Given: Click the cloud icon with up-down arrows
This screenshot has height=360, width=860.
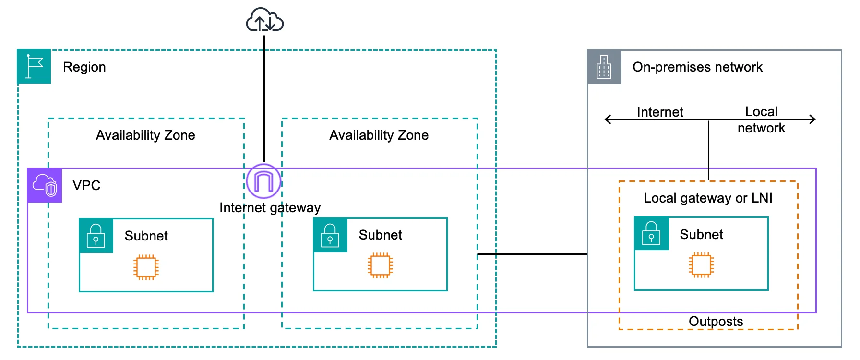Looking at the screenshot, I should click(264, 20).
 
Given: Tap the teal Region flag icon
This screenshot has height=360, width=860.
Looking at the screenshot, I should click(34, 66).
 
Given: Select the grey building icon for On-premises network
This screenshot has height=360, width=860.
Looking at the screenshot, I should click(604, 67).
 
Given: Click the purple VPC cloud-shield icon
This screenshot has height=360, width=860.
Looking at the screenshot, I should click(45, 185).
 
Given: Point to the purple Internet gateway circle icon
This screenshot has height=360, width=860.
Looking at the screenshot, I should click(263, 181).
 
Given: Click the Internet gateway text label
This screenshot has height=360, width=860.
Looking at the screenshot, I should click(270, 208).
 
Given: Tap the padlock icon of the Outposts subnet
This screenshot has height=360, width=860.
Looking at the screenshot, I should click(651, 234).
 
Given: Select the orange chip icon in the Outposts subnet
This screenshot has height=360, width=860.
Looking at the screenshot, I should click(701, 265).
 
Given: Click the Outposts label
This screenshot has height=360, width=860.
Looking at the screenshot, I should click(716, 321).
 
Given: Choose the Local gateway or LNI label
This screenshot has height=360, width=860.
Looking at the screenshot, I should click(708, 198).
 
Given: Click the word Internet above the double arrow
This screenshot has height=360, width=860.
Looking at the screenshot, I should click(659, 112).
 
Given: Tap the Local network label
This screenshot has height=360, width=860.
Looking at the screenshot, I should click(761, 120).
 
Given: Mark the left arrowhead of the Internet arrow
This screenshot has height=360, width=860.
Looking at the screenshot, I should click(608, 119).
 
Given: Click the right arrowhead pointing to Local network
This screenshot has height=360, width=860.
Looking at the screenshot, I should click(812, 119).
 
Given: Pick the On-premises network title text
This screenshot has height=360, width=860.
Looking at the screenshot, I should click(697, 67).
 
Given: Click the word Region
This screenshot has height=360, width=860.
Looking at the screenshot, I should click(84, 67).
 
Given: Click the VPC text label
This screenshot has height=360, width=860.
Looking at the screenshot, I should click(86, 185).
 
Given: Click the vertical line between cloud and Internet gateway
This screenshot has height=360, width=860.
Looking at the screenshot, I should click(264, 96).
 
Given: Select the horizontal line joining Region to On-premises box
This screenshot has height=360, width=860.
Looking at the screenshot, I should click(532, 254).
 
